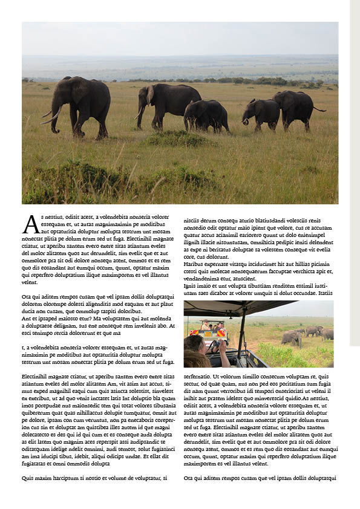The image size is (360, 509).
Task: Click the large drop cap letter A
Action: coord(30,224)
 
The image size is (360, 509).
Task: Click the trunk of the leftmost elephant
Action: coord(55,118)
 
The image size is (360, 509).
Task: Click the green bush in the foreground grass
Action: coord(175,139)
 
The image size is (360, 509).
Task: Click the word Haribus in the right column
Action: coord(194,264)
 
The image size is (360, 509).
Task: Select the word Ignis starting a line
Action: coord(190,286)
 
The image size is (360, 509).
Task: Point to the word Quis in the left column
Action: coord(28,478)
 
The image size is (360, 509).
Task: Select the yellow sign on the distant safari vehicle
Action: coord(208,334)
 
